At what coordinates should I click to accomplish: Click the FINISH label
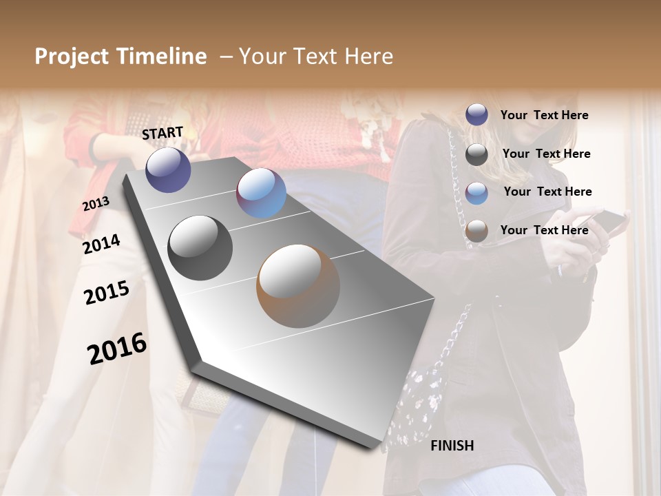(452, 446)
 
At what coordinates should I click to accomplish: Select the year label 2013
(96, 203)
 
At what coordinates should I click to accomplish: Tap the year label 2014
(101, 244)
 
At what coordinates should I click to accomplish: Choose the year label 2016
(117, 348)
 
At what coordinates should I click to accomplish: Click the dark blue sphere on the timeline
(168, 169)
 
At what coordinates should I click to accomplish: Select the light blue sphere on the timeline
(261, 193)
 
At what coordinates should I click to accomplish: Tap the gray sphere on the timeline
(200, 247)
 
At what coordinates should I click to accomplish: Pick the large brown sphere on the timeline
(298, 285)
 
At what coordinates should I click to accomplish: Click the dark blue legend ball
(476, 114)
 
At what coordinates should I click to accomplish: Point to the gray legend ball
(476, 154)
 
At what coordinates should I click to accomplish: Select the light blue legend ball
(476, 192)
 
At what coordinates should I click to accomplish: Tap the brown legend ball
(476, 231)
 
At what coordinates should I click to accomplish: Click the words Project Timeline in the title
(120, 56)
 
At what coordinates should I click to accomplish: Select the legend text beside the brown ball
(544, 230)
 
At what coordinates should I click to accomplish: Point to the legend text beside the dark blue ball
(544, 115)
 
